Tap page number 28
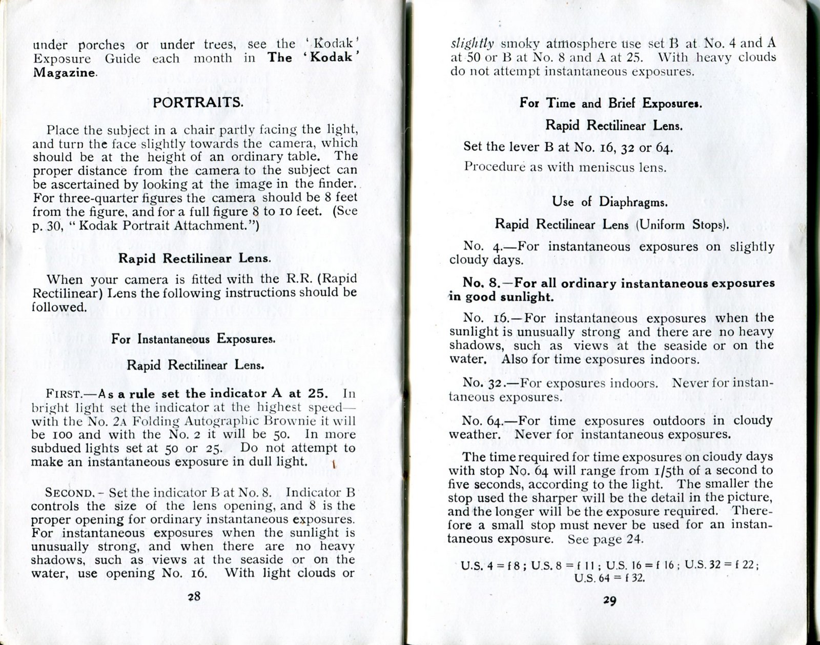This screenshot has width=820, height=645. click(x=194, y=596)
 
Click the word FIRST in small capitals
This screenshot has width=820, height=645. click(x=63, y=394)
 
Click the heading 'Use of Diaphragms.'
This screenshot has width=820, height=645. click(x=610, y=202)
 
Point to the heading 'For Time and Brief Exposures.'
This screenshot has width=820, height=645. click(x=610, y=103)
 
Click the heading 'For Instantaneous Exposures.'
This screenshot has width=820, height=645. click(x=194, y=339)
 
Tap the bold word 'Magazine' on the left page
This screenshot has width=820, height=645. click(x=64, y=73)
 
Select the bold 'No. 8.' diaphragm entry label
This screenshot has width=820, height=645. click(x=480, y=284)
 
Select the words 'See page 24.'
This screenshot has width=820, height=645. click(x=602, y=539)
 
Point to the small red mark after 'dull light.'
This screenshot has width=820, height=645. click(x=334, y=465)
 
